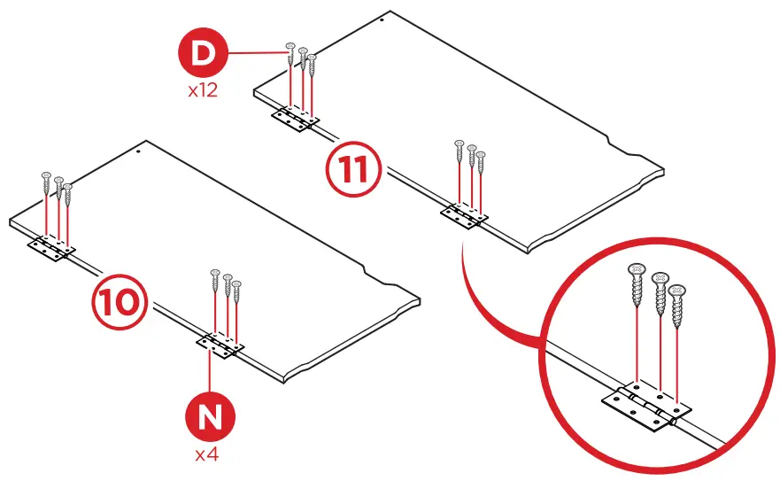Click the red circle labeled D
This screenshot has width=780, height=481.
coord(203,53)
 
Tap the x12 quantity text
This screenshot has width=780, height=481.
coord(203,90)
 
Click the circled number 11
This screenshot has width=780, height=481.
coord(353,170)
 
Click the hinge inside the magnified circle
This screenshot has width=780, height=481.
coord(646,408)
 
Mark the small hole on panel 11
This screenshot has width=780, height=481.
coord(381,18)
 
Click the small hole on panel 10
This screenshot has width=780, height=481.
coord(139,151)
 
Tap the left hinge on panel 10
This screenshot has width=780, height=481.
coord(52,250)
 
